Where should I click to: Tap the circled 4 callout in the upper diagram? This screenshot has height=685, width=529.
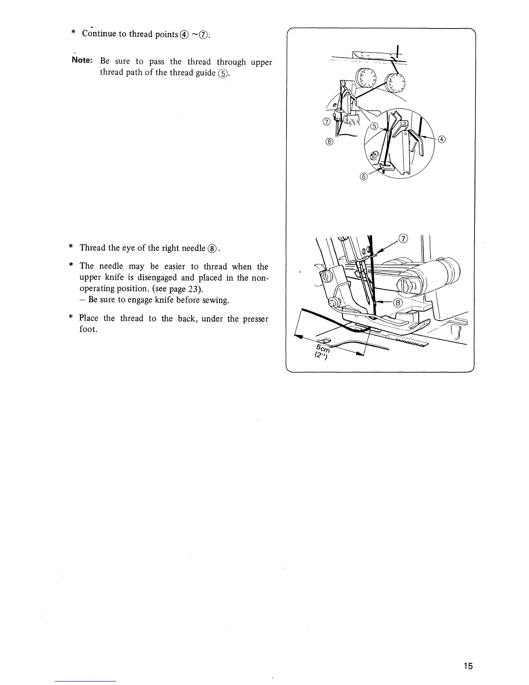[441, 139]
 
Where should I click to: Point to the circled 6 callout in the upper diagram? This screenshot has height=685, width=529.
[363, 176]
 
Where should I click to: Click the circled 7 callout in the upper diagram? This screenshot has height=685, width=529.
[326, 122]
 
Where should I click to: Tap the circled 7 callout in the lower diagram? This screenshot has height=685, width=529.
[403, 239]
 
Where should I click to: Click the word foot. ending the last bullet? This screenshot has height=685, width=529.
[87, 330]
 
